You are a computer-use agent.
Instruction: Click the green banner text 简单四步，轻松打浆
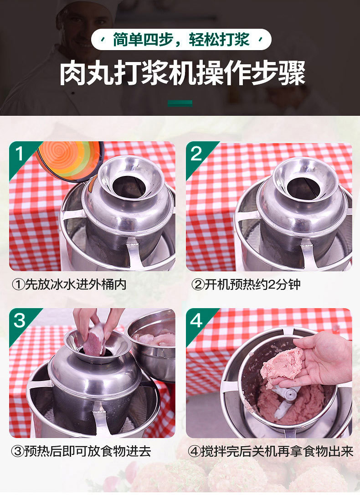tap(181, 40)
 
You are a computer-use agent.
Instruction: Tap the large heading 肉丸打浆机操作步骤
tap(183, 73)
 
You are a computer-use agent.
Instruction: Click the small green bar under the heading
tap(180, 103)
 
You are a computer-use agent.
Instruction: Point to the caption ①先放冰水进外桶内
tap(69, 284)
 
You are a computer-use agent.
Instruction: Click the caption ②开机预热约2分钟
tap(246, 284)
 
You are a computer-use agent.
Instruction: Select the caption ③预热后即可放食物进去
tap(81, 451)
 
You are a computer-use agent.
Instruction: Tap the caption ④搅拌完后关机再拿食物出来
tap(270, 451)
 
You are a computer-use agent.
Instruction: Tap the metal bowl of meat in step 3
tap(151, 344)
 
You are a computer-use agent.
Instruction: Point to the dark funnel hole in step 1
tap(129, 187)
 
